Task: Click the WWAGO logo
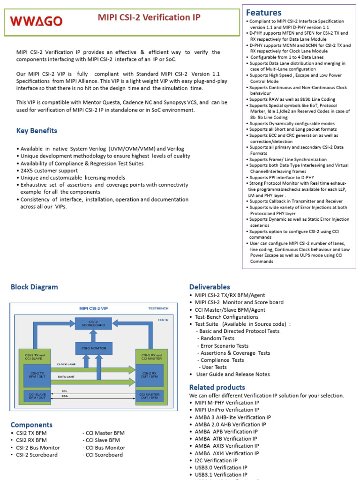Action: [36, 21]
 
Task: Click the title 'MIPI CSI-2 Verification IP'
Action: [149, 17]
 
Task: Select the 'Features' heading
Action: [263, 12]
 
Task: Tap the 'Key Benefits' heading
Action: [37, 131]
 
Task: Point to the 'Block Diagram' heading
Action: [34, 287]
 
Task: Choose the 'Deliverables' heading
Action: [210, 286]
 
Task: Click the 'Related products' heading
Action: [217, 387]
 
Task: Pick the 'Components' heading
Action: [31, 425]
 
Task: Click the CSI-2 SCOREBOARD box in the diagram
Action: [93, 323]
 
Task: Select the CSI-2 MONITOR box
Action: [93, 348]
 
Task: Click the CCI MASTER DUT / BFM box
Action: [149, 396]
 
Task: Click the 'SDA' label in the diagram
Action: [65, 396]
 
